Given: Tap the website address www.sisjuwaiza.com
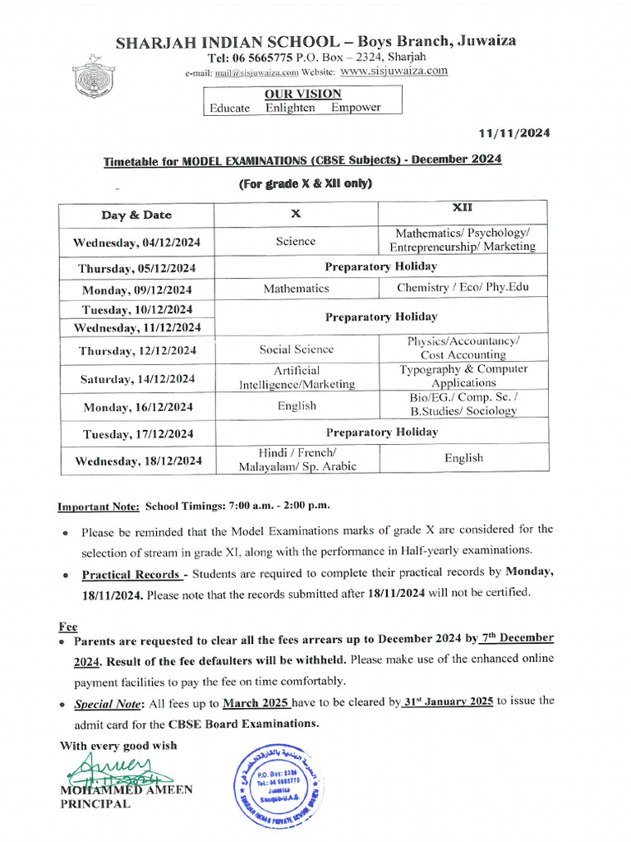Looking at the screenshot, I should (394, 71).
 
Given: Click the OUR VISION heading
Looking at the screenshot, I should (302, 94).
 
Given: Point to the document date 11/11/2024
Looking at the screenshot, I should (514, 133).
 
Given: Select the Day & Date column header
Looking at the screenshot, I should (136, 215).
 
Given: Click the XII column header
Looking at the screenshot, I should (463, 208).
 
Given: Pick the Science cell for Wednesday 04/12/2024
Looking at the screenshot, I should (296, 241).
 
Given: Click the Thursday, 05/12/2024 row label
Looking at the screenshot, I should (136, 269).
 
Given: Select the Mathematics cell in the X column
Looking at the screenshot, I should (296, 289).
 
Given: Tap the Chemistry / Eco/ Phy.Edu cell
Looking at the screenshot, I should (463, 288).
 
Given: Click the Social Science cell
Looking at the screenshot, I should (296, 349).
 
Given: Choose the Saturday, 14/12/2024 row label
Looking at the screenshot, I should (136, 379).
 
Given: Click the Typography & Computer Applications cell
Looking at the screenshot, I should (463, 376).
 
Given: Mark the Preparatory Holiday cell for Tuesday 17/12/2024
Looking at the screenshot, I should (381, 432).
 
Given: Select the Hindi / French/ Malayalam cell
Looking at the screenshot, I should (296, 460).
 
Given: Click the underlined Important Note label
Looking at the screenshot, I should (99, 506).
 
